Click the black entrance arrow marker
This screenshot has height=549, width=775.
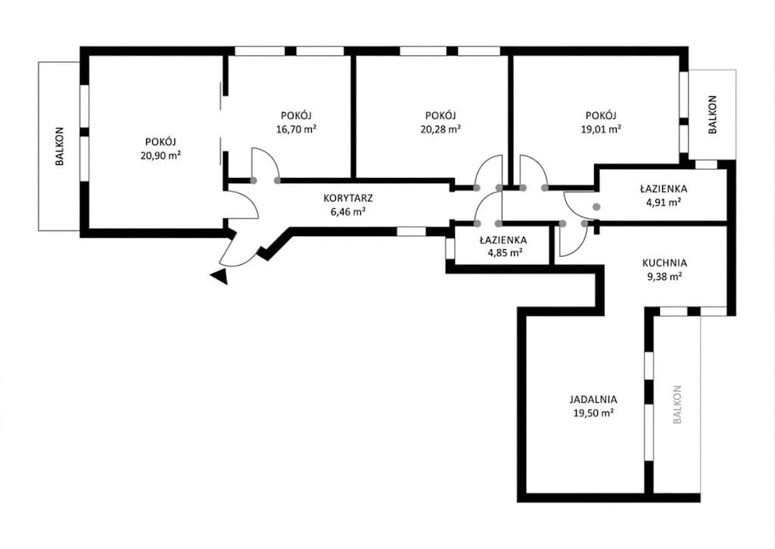[x=220, y=277]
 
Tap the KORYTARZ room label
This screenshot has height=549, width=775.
[x=348, y=198]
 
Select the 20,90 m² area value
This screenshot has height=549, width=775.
[x=160, y=155]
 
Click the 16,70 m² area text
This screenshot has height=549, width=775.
[x=296, y=129]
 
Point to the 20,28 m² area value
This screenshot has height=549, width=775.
[x=440, y=129]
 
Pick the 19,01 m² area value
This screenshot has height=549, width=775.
[x=600, y=129]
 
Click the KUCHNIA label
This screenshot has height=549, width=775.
[x=665, y=263]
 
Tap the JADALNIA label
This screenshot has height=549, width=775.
[x=593, y=399]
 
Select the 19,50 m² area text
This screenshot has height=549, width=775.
[x=593, y=413]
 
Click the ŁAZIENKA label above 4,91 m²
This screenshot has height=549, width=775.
[x=663, y=189]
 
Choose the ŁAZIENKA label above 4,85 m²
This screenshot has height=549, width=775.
[x=503, y=240]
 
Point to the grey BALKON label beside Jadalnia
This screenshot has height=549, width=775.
[x=677, y=404]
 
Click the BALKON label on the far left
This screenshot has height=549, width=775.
[x=60, y=146]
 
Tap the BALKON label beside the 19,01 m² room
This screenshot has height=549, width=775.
[x=712, y=115]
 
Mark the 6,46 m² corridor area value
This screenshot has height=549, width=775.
[x=348, y=212]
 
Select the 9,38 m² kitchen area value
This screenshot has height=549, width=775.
[x=665, y=276]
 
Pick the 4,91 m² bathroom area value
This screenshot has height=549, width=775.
[x=663, y=201]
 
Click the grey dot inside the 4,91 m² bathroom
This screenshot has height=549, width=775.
[x=596, y=207]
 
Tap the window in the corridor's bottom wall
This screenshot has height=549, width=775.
[x=411, y=232]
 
